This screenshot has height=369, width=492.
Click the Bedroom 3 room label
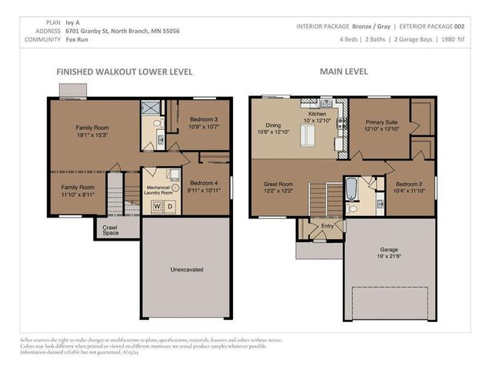point(205,123)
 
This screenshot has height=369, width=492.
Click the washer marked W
point(157,206)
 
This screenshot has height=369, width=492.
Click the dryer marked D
point(170,206)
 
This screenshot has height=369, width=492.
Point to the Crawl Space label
point(109,228)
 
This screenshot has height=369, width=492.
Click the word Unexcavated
point(184,269)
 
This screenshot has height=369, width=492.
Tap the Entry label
point(327,225)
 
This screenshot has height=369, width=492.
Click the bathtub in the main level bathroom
point(351,188)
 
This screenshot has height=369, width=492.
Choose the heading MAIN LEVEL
point(344,71)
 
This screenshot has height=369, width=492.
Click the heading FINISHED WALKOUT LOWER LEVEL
point(124,71)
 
